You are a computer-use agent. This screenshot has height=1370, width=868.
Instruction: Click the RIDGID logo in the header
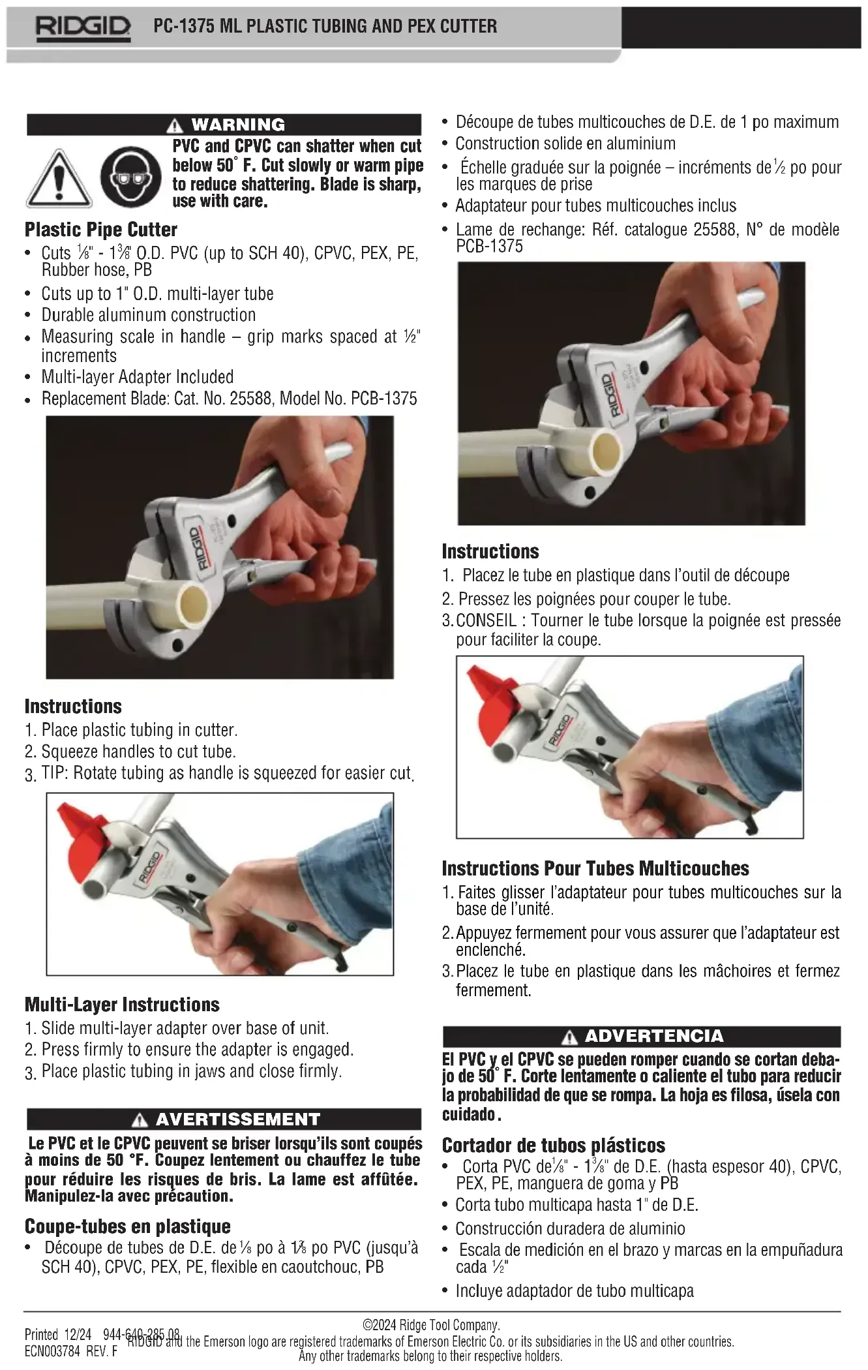(82, 27)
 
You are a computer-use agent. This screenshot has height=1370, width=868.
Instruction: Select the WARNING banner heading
(224, 124)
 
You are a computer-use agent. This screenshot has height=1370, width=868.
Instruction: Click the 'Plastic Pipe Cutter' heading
(101, 230)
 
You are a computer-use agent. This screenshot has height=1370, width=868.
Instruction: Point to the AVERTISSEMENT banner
(224, 1119)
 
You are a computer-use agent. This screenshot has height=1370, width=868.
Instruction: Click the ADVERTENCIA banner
(642, 1036)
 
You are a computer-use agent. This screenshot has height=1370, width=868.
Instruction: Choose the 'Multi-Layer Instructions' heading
(122, 1005)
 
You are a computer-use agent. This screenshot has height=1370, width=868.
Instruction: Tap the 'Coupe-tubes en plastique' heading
(128, 1226)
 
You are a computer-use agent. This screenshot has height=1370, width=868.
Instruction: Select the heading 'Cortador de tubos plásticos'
(554, 1146)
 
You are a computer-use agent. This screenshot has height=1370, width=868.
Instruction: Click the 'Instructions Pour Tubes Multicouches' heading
(595, 868)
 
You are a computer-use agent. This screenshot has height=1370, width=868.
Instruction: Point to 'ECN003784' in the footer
(52, 1351)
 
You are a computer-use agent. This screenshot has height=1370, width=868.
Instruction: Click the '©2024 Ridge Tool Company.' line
(432, 1325)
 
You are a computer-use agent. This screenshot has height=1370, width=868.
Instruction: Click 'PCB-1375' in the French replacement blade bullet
(489, 246)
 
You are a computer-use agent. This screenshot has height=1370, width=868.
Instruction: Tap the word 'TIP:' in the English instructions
(55, 773)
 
